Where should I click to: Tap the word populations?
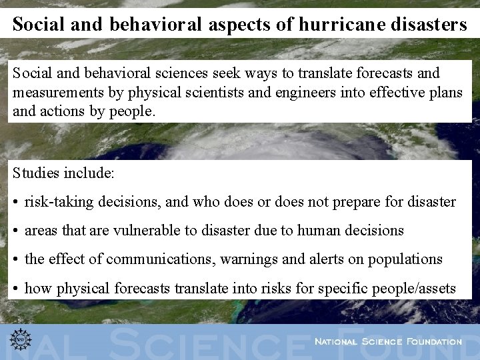pos(403,259)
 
